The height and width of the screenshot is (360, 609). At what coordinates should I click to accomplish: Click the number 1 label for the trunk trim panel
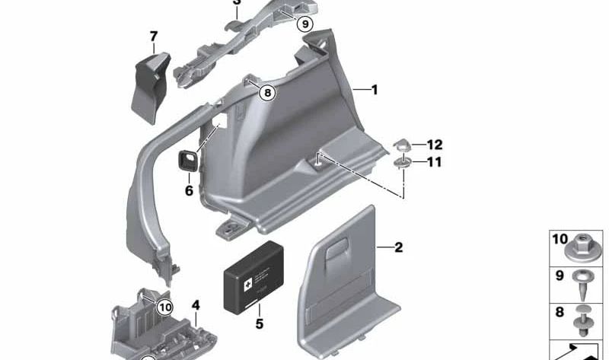click(374, 90)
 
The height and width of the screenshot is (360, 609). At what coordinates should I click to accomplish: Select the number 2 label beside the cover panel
click(398, 247)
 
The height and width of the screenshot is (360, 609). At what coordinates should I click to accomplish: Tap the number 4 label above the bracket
click(196, 305)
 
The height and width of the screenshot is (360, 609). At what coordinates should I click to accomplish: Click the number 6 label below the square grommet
click(189, 190)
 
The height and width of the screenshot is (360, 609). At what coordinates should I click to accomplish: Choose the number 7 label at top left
click(154, 36)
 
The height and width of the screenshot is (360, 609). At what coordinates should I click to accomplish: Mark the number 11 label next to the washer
click(434, 162)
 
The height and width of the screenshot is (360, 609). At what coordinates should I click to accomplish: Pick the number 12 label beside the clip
click(434, 145)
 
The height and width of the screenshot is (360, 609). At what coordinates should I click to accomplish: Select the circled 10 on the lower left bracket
click(164, 307)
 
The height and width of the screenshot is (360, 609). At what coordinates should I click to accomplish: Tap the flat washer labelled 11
click(403, 163)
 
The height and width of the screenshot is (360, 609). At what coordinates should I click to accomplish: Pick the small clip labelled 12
click(403, 145)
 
